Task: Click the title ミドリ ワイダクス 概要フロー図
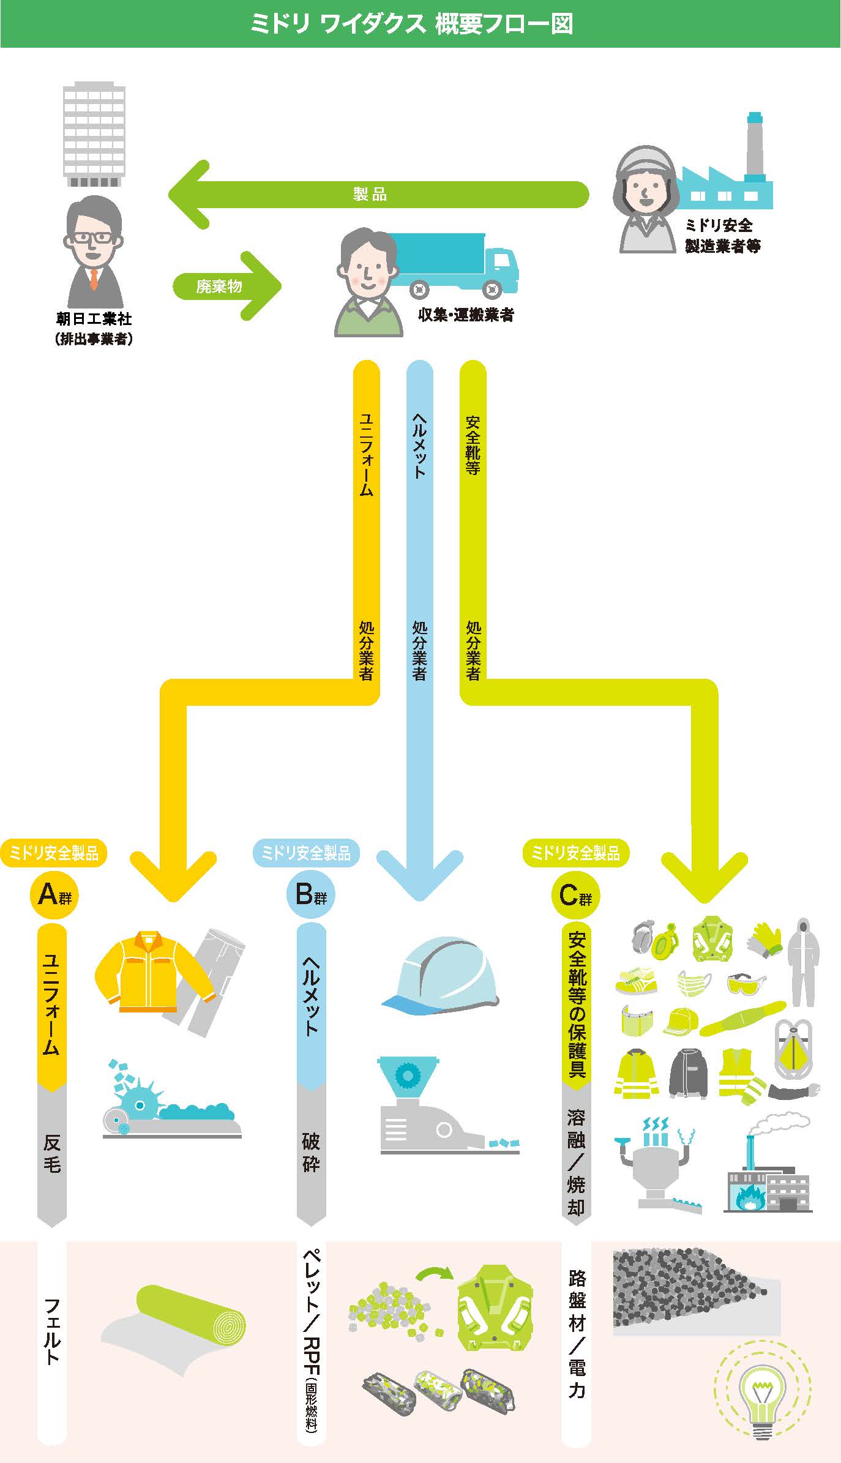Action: pyautogui.click(x=411, y=24)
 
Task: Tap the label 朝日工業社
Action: pyautogui.click(x=94, y=319)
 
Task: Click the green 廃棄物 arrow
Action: pyautogui.click(x=226, y=286)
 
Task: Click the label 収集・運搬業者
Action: pyautogui.click(x=465, y=315)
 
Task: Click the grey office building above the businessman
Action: pyautogui.click(x=94, y=135)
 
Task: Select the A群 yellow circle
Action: pyautogui.click(x=54, y=896)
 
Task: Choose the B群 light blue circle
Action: pyautogui.click(x=311, y=895)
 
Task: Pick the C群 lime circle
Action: pyautogui.click(x=575, y=896)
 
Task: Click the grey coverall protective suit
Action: pyautogui.click(x=803, y=962)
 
